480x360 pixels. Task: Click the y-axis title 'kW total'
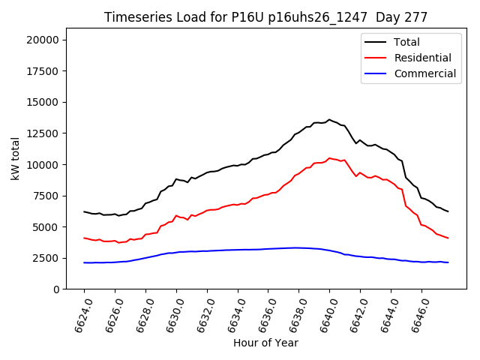click(x=15, y=164)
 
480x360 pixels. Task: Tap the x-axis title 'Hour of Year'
click(x=265, y=343)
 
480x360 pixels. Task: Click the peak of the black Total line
click(x=329, y=119)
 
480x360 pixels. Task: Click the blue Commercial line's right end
click(x=448, y=262)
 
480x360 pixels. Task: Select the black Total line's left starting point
click(x=84, y=211)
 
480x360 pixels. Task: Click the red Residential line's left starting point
click(x=84, y=238)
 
